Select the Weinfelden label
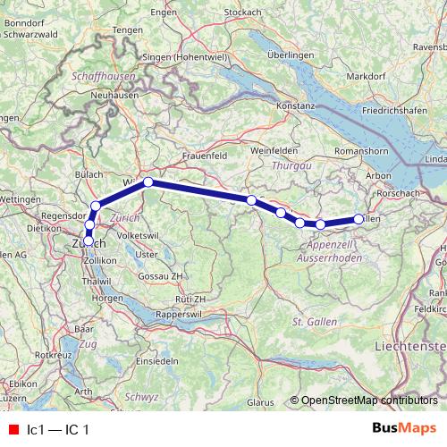[273, 152]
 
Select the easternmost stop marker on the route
[359, 218]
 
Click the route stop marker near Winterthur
[148, 182]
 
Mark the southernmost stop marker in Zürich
[88, 240]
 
